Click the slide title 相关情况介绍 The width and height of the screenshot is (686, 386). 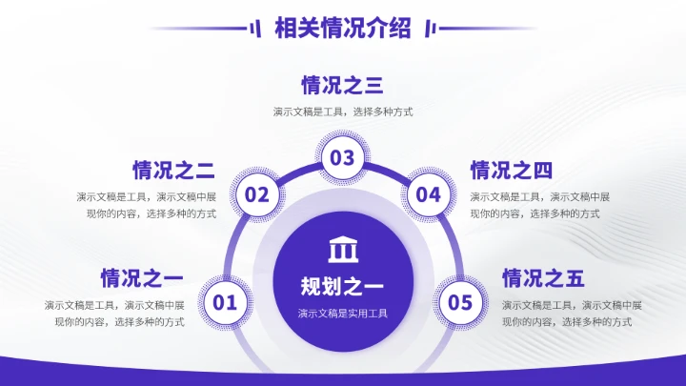[x=342, y=29]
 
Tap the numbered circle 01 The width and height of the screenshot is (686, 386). [x=224, y=303]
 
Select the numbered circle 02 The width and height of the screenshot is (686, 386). [x=257, y=195]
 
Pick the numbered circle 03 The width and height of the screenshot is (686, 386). [x=342, y=158]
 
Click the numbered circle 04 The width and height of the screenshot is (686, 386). [x=429, y=195]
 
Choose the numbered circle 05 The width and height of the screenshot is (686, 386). [x=460, y=303]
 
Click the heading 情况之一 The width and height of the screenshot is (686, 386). [x=142, y=279]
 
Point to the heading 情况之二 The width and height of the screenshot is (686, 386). [x=173, y=171]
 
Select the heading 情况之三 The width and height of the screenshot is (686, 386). [x=342, y=86]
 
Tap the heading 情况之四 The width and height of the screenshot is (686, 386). [x=512, y=171]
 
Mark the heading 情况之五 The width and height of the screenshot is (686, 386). [x=543, y=279]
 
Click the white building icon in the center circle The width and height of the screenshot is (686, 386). [x=342, y=250]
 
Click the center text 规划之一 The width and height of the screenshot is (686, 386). [x=342, y=286]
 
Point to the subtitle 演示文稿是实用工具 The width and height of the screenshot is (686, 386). [x=342, y=313]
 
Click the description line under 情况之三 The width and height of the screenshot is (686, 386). [x=342, y=112]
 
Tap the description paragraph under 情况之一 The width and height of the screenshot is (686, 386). [x=114, y=314]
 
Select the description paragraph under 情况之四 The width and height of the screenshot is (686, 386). [x=539, y=205]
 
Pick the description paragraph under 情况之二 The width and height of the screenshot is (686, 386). [x=147, y=205]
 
